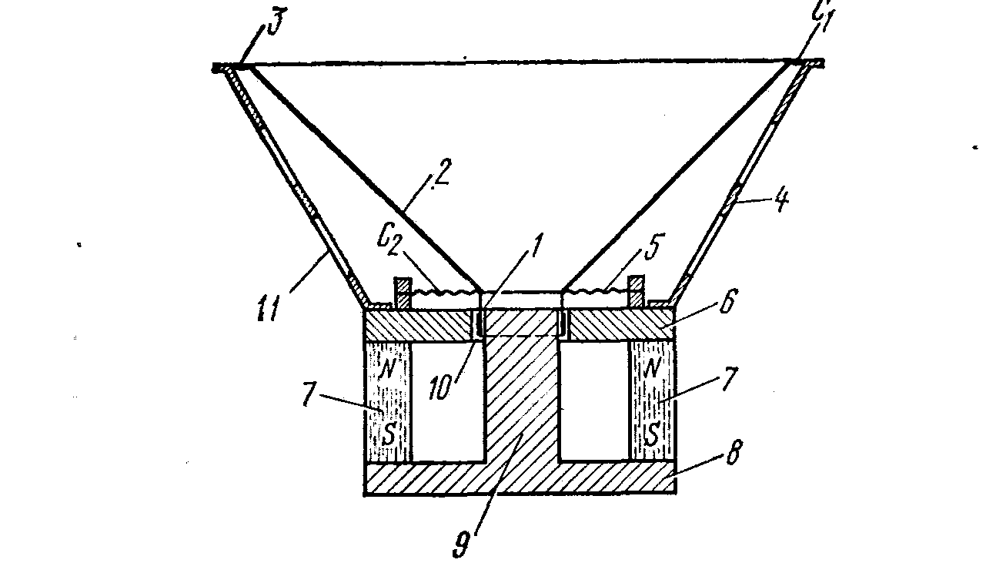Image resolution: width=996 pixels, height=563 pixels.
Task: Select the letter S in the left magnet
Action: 389,435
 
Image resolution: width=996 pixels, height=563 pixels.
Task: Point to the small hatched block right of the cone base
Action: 637,290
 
